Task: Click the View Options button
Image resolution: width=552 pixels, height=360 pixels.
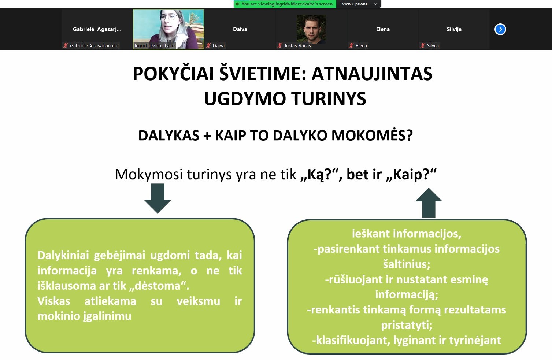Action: (x=358, y=4)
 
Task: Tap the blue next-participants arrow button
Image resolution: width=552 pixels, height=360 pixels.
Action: (x=500, y=29)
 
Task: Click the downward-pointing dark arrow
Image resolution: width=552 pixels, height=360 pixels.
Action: (x=158, y=198)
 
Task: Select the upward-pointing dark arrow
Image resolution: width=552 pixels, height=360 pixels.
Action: (x=429, y=203)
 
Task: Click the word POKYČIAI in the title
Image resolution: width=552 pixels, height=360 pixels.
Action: (x=173, y=74)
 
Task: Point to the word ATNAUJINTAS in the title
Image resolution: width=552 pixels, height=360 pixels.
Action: (x=372, y=74)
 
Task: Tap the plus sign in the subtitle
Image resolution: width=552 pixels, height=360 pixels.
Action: (x=207, y=136)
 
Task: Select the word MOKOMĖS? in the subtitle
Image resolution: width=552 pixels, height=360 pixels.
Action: (x=372, y=135)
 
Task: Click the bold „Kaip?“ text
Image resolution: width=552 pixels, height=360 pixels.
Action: (x=411, y=174)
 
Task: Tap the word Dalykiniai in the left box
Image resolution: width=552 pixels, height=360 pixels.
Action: (x=63, y=255)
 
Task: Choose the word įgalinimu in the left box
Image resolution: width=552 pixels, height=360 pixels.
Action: (x=107, y=316)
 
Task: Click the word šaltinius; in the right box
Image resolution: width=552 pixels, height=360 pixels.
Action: (x=407, y=264)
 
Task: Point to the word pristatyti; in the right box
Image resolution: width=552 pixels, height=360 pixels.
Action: (x=407, y=325)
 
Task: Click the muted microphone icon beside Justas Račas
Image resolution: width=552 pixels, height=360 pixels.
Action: (x=280, y=45)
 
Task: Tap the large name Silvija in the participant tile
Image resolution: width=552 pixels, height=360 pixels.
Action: (x=454, y=29)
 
